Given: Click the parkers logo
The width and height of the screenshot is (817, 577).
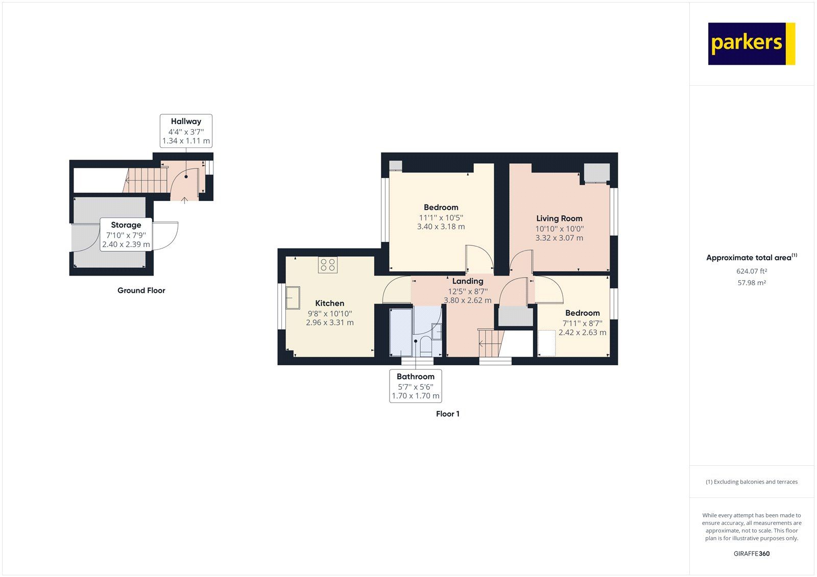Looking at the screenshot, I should point(751,43).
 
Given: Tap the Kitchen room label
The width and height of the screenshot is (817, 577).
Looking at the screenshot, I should point(329,303).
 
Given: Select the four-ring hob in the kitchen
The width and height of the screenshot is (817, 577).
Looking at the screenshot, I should point(328,265).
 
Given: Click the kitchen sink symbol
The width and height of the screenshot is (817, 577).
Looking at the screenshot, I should point(293,298).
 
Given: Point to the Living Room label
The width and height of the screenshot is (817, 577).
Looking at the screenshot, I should point(559,218).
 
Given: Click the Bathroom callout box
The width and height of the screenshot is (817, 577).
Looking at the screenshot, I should point(415,386).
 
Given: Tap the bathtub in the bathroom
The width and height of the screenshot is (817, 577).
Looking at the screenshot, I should point(400,332).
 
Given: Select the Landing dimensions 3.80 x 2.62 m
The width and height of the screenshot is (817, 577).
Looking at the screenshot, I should point(467,300).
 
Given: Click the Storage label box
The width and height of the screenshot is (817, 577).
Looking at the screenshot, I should point(126,234).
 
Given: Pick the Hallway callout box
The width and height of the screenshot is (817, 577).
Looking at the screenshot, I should point(186,131).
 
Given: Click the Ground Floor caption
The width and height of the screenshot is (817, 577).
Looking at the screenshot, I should point(141,290).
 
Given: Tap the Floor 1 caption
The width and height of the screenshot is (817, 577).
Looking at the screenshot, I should point(447,414).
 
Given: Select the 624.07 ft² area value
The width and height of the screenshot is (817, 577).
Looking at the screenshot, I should point(751,271).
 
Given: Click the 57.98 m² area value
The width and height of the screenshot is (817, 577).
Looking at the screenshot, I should point(751,283).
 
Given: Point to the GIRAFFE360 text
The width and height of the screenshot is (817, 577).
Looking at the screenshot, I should point(751,554).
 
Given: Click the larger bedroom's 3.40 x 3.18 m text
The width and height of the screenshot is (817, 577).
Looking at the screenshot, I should point(441,227).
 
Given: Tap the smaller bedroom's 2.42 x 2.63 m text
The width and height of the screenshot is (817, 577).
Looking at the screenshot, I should point(582,332).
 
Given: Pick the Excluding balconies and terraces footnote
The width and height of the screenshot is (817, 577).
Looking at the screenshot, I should point(751,482).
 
